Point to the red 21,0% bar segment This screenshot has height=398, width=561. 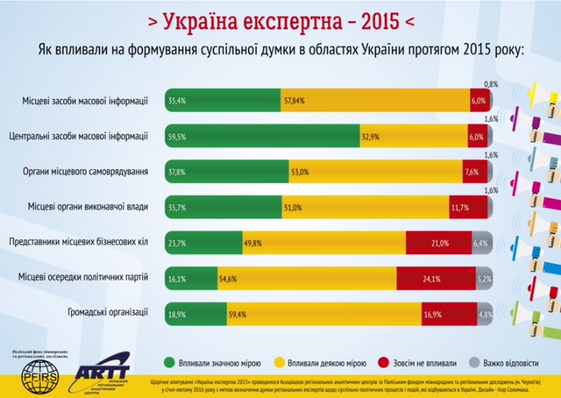[438, 242]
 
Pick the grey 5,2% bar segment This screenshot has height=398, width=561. [482, 278]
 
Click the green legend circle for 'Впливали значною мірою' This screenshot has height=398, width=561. [170, 360]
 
